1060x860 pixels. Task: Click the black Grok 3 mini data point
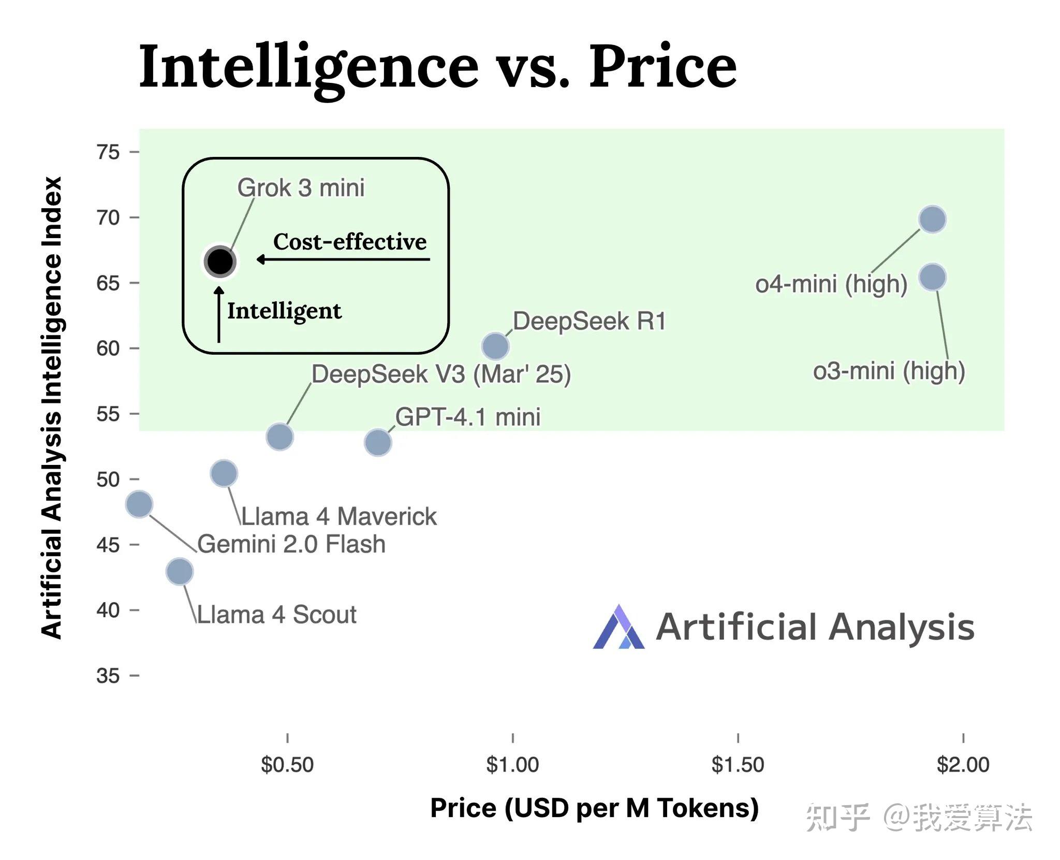coord(220,261)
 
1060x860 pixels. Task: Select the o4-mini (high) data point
coord(933,220)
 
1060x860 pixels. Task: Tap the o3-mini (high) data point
coord(933,277)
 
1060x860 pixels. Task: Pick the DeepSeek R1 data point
coord(495,346)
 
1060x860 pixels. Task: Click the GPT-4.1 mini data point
coord(378,443)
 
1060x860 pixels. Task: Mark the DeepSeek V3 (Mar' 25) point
coord(280,437)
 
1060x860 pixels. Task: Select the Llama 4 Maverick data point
coord(224,473)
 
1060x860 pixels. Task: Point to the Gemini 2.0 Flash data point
coord(139,504)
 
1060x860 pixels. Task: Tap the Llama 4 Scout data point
coord(180,572)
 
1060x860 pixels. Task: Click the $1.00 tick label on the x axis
coord(512,765)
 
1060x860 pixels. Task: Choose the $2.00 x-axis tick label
coord(963,765)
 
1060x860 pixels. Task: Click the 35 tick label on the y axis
coord(108,676)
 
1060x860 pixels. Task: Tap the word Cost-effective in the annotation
coord(350,241)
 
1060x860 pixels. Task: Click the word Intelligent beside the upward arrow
coord(285,311)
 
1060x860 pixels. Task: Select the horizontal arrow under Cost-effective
coord(343,259)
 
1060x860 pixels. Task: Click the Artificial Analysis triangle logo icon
coord(619,626)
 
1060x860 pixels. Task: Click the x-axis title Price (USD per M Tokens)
coord(595,808)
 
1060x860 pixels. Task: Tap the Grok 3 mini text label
coord(301,187)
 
